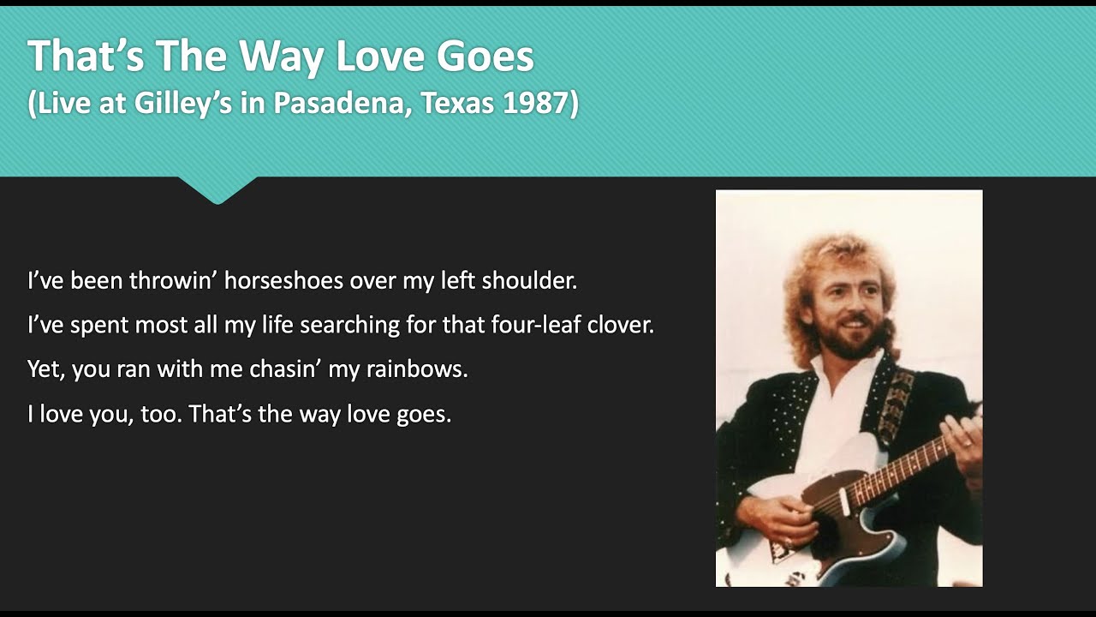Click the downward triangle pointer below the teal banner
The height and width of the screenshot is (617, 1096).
(217, 189)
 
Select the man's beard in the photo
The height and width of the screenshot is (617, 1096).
(844, 343)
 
